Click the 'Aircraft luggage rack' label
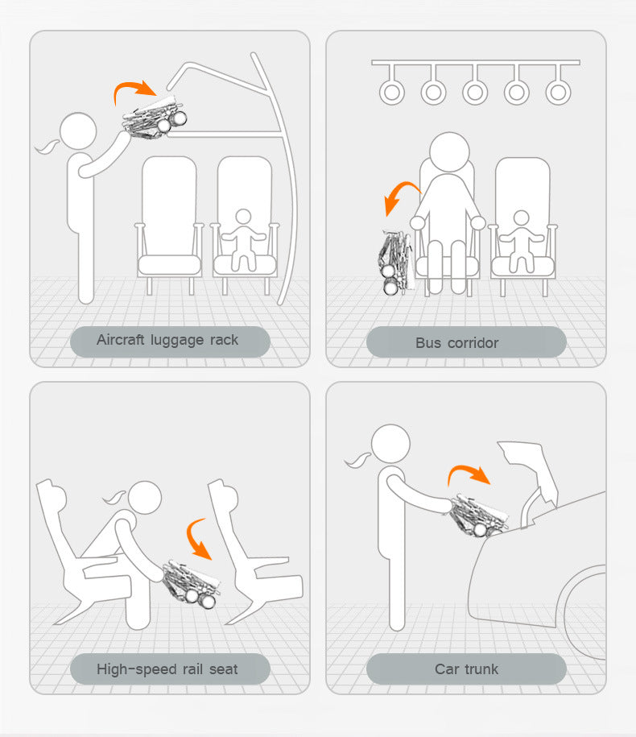pyautogui.click(x=167, y=340)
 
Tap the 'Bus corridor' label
pyautogui.click(x=456, y=342)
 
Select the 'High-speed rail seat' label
pyautogui.click(x=167, y=669)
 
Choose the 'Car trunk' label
pyautogui.click(x=466, y=669)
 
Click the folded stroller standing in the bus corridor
pyautogui.click(x=396, y=263)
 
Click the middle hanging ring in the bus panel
pyautogui.click(x=474, y=92)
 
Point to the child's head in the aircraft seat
pyautogui.click(x=243, y=217)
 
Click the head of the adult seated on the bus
pyautogui.click(x=449, y=151)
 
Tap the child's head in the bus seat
pyautogui.click(x=522, y=218)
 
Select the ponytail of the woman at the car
pyautogui.click(x=358, y=460)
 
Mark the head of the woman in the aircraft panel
pyautogui.click(x=78, y=130)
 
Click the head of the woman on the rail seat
pyautogui.click(x=145, y=498)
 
